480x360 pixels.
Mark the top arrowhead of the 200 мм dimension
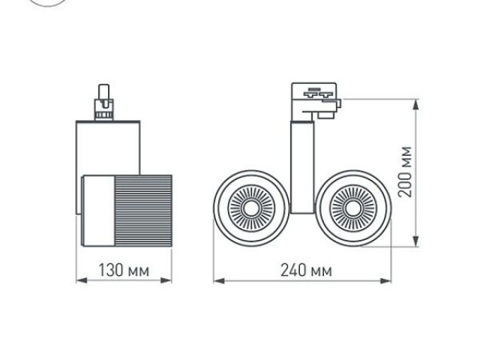[416, 103]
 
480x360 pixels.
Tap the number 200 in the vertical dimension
[406, 183]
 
